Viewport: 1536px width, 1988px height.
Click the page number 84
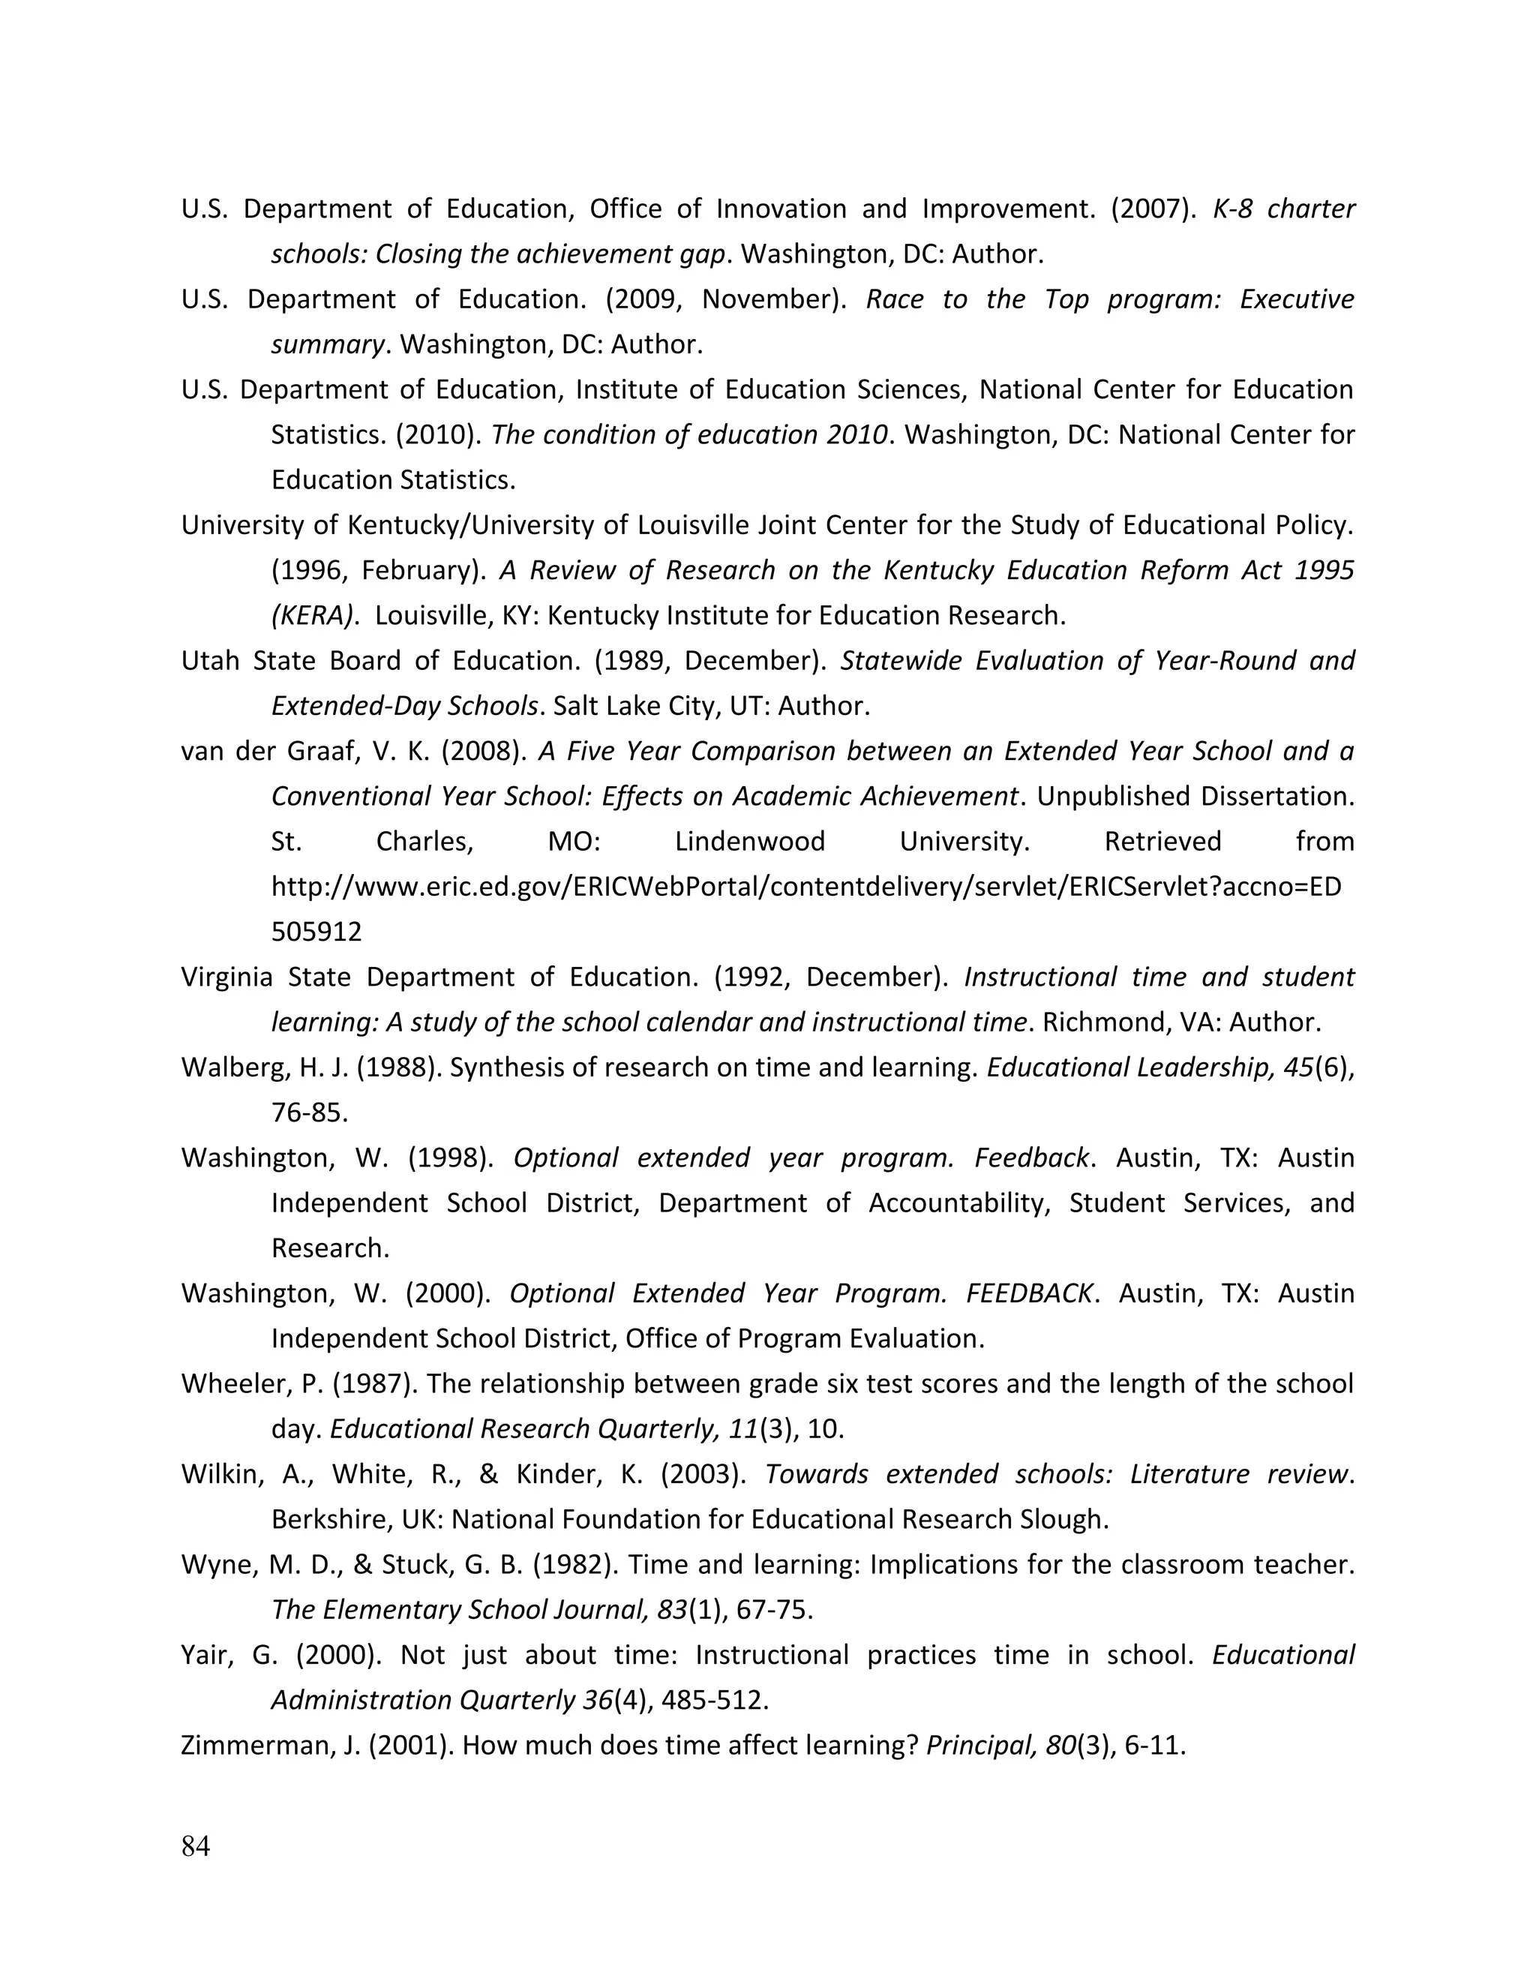(196, 1846)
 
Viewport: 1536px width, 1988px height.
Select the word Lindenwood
(750, 842)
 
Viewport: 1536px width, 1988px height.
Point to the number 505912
(316, 932)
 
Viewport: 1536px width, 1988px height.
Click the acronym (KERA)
(311, 616)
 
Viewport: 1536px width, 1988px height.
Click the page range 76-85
(310, 1113)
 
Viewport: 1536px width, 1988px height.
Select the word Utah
(209, 661)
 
